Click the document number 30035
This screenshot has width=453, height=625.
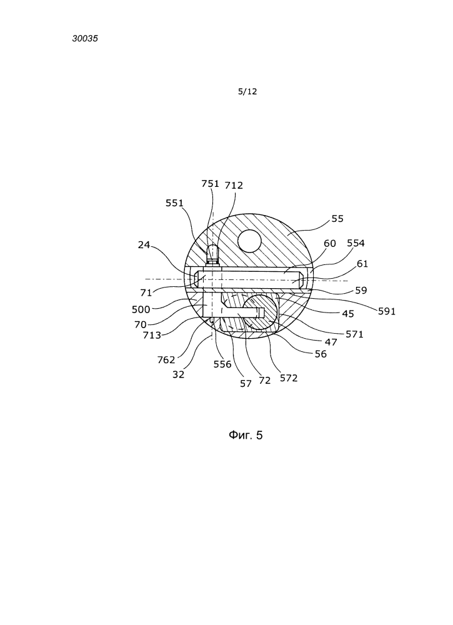coord(85,39)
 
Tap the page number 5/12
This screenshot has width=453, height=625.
coord(247,92)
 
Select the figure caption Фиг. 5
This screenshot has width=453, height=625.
coord(246,435)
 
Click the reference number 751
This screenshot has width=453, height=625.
coord(211,183)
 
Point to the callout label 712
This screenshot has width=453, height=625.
coord(234,186)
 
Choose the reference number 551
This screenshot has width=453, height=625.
coord(174,203)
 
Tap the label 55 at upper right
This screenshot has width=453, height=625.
coord(337,218)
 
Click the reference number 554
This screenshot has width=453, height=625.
coord(356,243)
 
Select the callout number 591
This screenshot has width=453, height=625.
coord(387,311)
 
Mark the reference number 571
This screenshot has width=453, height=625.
coord(355,334)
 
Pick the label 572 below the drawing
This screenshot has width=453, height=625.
coord(289,378)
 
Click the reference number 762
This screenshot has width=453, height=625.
coord(166,360)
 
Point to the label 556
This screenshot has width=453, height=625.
coord(222,364)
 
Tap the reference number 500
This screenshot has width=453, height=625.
coord(141,309)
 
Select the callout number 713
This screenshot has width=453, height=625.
coord(152,335)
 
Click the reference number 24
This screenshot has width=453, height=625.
coord(144,245)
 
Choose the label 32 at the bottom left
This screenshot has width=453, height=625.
coord(178,374)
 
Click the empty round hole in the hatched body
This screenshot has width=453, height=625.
coord(249,241)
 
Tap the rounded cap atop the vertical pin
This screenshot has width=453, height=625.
coord(214,251)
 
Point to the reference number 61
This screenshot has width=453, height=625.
coord(362,264)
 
